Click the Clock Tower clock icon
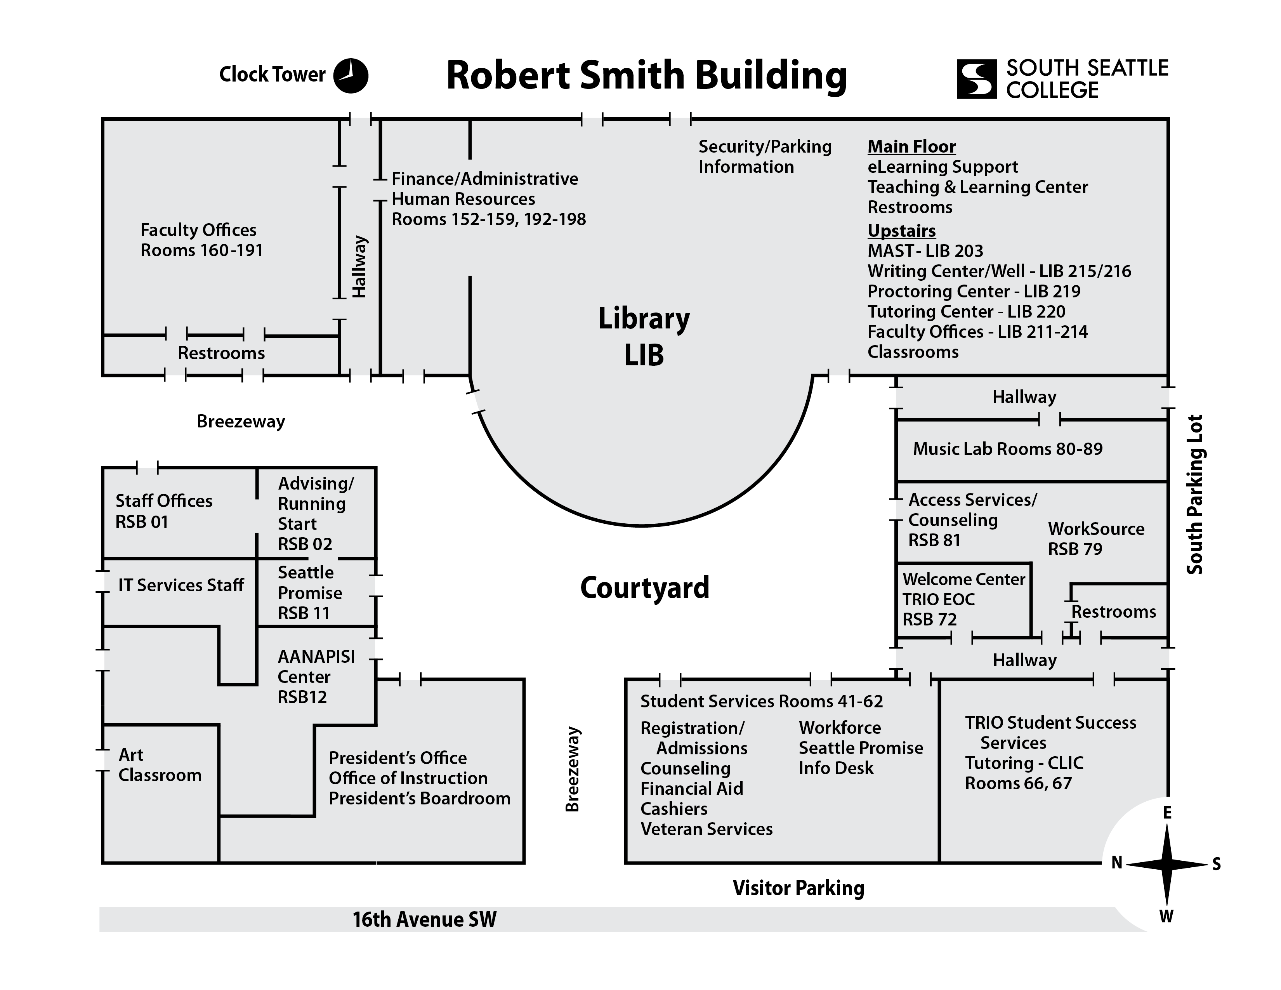(x=351, y=76)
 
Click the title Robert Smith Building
(x=646, y=76)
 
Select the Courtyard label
(x=645, y=588)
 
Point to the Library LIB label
(x=644, y=337)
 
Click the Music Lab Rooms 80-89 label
(x=1007, y=449)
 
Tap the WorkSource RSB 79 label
(x=1096, y=538)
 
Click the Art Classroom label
(x=160, y=765)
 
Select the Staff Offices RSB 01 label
(x=164, y=511)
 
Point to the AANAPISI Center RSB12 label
(x=316, y=677)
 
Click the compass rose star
(x=1166, y=864)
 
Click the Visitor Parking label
(x=798, y=888)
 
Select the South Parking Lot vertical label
(x=1195, y=494)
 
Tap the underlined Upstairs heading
(x=901, y=231)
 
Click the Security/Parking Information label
(x=764, y=156)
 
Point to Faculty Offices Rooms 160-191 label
(x=201, y=240)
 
